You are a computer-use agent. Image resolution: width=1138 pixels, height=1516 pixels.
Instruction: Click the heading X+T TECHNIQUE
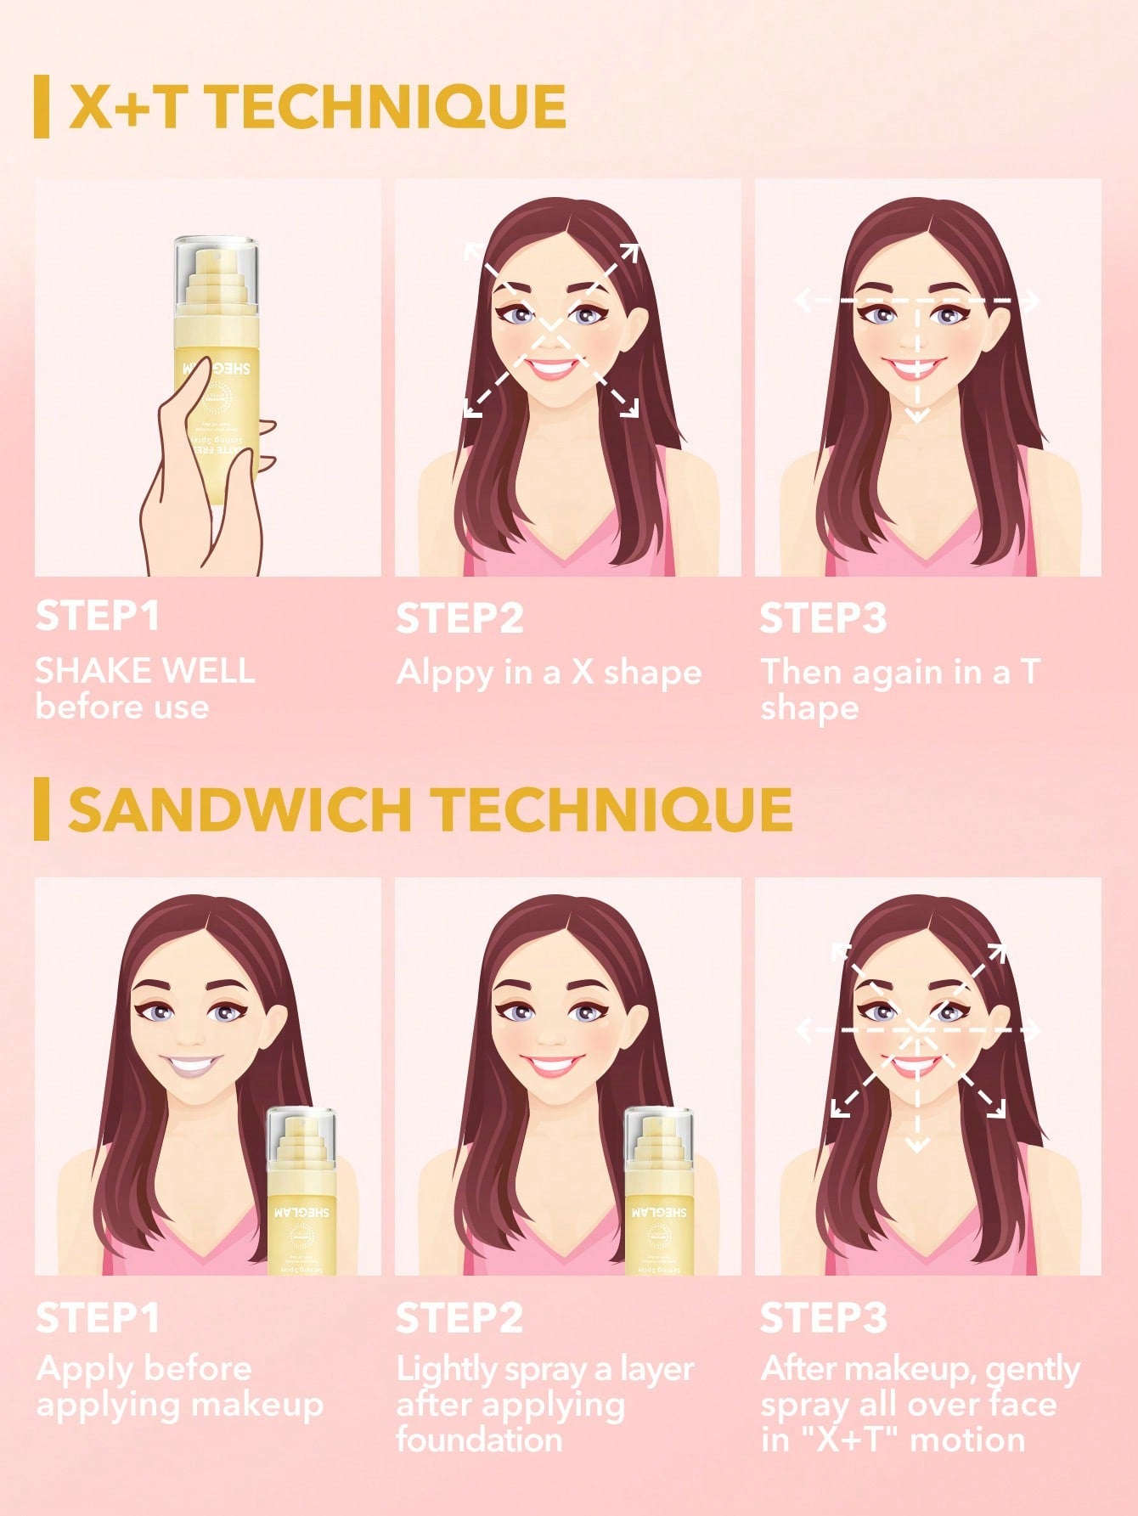(x=317, y=107)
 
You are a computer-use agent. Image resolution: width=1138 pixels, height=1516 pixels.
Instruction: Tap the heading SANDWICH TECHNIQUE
(x=430, y=809)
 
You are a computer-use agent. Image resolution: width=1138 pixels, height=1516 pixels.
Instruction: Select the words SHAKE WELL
(x=145, y=670)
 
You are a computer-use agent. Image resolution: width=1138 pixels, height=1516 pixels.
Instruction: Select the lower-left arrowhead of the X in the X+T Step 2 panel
(x=472, y=409)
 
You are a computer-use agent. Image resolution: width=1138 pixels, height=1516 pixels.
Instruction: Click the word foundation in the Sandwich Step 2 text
(x=479, y=1440)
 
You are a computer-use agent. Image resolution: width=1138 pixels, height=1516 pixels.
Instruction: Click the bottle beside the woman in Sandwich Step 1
(x=302, y=1189)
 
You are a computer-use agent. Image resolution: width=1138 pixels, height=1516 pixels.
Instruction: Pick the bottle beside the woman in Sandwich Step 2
(x=660, y=1189)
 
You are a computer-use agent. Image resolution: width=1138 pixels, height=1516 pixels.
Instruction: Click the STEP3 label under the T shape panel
(x=823, y=618)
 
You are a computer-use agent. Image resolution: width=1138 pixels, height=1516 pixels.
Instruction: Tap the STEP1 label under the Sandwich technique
(x=98, y=1319)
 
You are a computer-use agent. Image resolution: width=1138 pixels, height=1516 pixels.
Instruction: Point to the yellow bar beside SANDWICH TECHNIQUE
(x=42, y=809)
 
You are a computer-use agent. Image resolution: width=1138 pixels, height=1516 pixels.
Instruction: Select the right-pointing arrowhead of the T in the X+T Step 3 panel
(x=1032, y=301)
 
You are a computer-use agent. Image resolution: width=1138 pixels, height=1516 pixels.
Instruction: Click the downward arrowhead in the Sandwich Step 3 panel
(x=917, y=1146)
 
